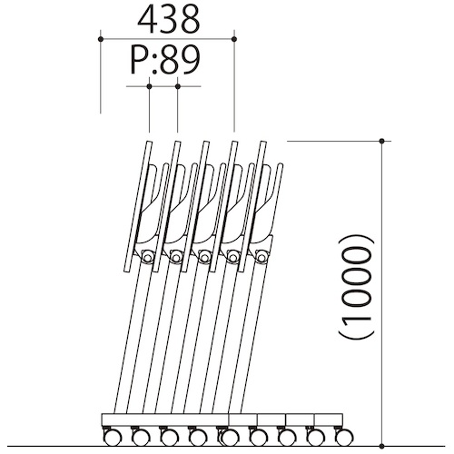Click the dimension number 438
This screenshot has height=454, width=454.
(x=169, y=19)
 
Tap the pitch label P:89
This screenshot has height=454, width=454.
(x=165, y=60)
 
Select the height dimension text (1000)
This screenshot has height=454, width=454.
(x=356, y=286)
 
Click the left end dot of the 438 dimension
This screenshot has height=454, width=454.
(x=101, y=39)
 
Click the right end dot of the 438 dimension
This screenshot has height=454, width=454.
(x=234, y=39)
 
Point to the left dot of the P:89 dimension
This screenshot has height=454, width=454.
(x=149, y=86)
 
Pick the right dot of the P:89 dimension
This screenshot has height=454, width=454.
(x=178, y=86)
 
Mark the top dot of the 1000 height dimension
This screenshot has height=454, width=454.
(x=382, y=141)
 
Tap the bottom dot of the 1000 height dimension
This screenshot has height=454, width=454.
(x=382, y=446)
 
